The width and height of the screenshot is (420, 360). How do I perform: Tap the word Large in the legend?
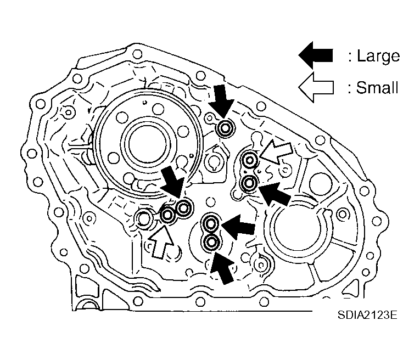(x=379, y=55)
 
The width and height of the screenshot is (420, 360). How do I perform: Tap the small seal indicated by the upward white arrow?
(x=167, y=216)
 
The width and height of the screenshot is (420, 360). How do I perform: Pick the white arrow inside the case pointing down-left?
(x=276, y=153)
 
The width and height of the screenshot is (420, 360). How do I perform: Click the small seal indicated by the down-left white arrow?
(x=250, y=161)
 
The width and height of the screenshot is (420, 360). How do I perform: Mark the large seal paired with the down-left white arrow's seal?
(x=249, y=182)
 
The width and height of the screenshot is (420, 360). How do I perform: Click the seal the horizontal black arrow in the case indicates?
(x=210, y=223)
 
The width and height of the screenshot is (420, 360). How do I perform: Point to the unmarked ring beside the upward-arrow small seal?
(x=144, y=218)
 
